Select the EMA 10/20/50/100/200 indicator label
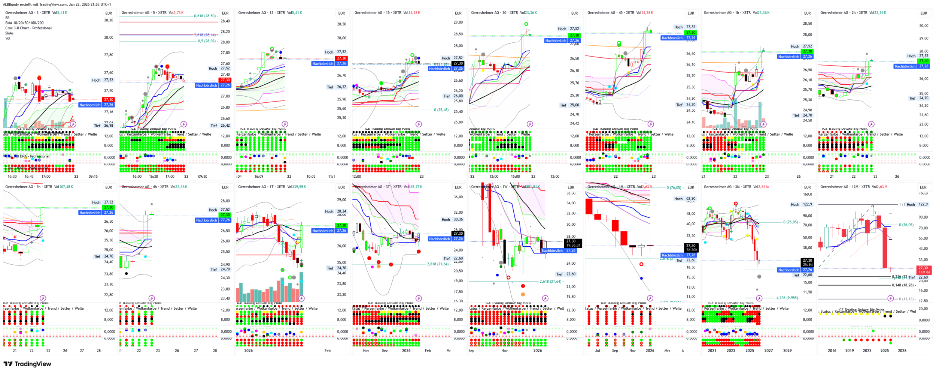click(x=24, y=23)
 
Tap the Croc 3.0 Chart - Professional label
click(x=28, y=28)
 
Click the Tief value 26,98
click(x=109, y=126)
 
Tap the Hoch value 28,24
click(x=341, y=211)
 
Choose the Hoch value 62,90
click(x=690, y=199)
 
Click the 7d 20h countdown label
click(x=691, y=250)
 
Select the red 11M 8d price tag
click(x=924, y=272)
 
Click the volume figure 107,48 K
click(x=66, y=187)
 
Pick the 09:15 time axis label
click(x=93, y=177)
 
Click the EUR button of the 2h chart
click(x=924, y=13)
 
